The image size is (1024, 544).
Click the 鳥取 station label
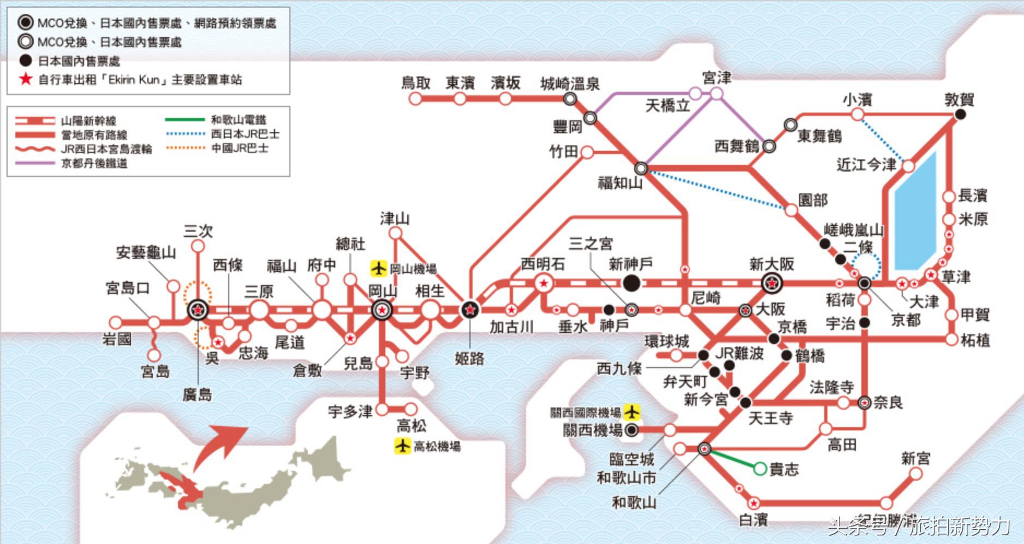click(416, 83)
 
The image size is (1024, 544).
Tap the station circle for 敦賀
click(960, 114)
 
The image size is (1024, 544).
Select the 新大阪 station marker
click(771, 283)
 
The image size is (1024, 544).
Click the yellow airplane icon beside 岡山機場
click(378, 268)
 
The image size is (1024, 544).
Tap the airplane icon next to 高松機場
click(402, 446)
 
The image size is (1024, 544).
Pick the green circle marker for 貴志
click(760, 468)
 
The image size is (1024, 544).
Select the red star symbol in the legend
click(26, 79)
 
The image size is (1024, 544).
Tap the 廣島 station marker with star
click(198, 310)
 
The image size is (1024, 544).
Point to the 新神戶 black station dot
click(632, 282)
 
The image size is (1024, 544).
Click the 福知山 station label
click(620, 182)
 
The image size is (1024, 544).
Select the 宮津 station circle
click(716, 94)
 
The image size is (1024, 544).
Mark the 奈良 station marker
click(864, 403)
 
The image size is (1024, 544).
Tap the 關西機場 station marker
click(632, 430)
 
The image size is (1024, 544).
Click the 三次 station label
click(198, 231)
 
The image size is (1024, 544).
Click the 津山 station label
click(395, 218)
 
